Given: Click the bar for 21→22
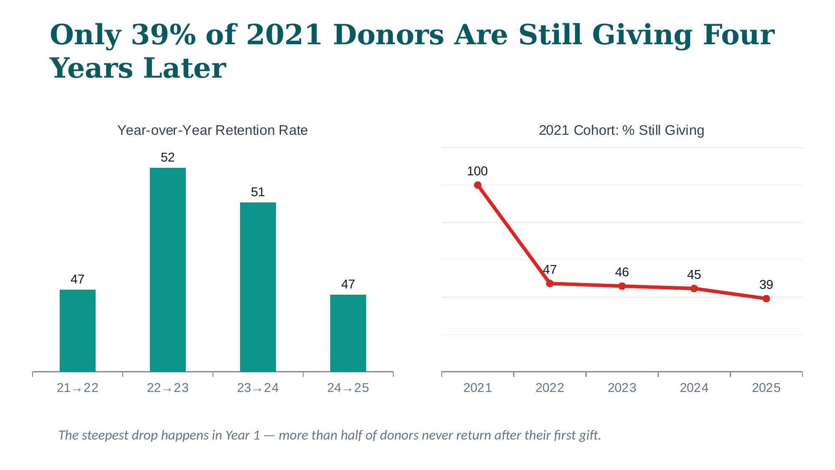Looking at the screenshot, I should (78, 330).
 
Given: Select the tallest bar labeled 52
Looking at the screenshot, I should (168, 269).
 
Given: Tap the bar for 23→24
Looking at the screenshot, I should (258, 287).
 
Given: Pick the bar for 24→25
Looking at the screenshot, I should (348, 333).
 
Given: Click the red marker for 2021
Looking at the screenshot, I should (478, 185).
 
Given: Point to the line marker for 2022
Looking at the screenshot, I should (550, 283).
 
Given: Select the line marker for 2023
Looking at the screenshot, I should (622, 286).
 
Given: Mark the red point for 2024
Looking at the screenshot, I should (694, 288).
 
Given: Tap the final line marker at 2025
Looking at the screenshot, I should (766, 299).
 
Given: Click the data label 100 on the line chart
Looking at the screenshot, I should (477, 171).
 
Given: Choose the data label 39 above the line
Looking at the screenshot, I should (766, 285).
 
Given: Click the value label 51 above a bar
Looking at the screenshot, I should (258, 192).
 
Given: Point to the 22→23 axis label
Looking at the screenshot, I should (168, 388).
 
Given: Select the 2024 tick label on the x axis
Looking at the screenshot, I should (694, 388).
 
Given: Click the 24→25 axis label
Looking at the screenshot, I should (348, 388).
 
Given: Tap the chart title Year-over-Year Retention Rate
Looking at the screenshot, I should (213, 131).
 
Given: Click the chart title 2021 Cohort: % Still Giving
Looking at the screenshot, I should (622, 131).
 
